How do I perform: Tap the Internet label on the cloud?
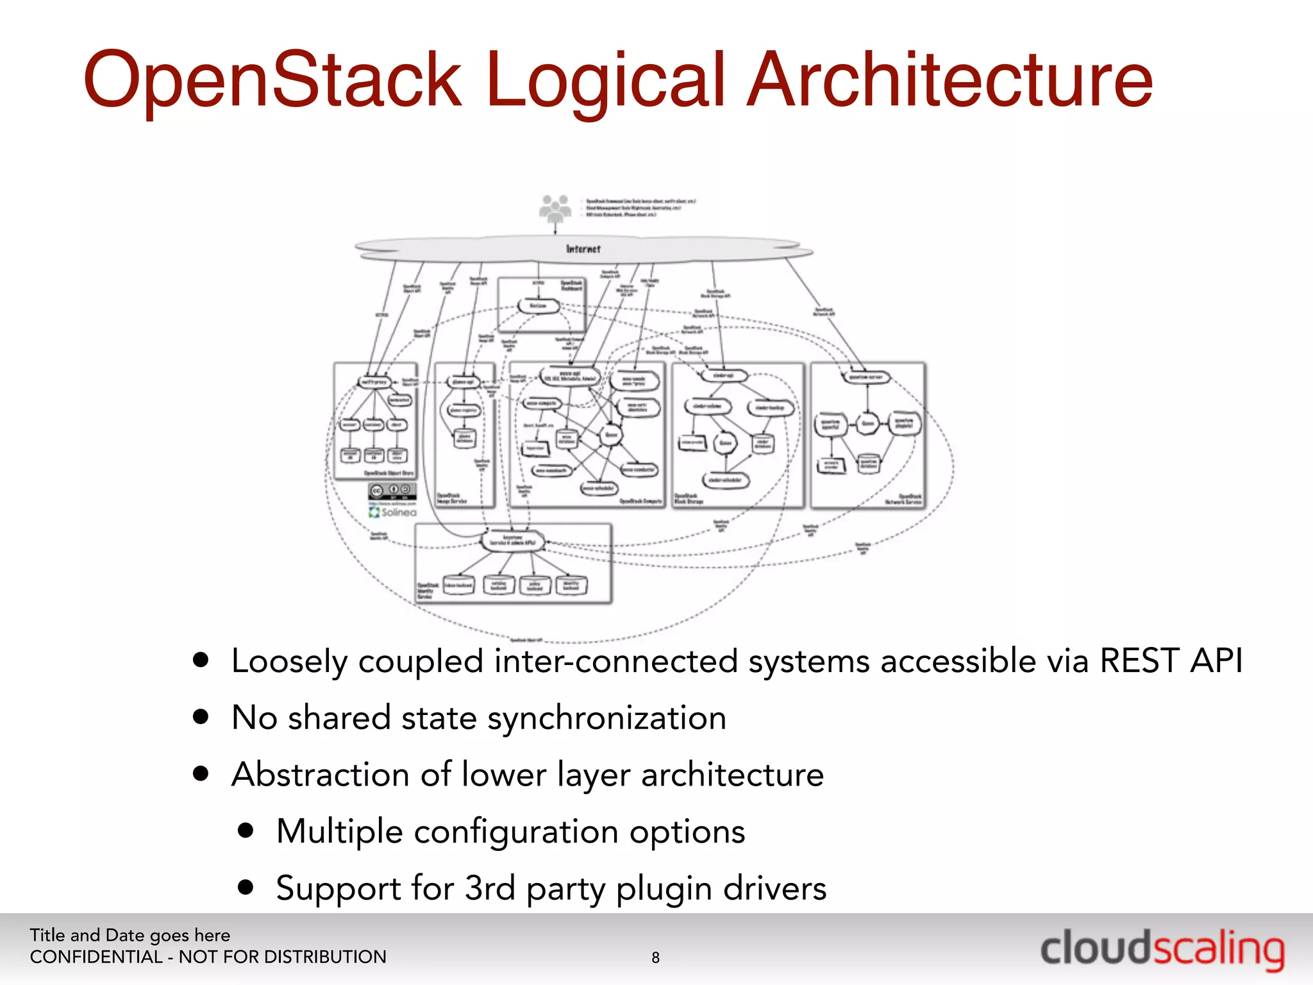pyautogui.click(x=583, y=249)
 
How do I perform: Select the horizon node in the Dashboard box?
pyautogui.click(x=539, y=306)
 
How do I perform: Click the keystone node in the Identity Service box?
pyautogui.click(x=513, y=540)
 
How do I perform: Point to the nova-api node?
pyautogui.click(x=570, y=376)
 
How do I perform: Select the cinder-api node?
pyautogui.click(x=723, y=376)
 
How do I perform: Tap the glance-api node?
pyautogui.click(x=463, y=382)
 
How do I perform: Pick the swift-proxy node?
pyautogui.click(x=374, y=382)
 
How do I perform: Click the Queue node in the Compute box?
pyautogui.click(x=611, y=435)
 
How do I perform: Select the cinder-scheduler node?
pyautogui.click(x=726, y=480)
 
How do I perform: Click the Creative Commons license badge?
pyautogui.click(x=392, y=491)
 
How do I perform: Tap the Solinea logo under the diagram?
pyautogui.click(x=392, y=512)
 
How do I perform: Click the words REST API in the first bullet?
pyautogui.click(x=1171, y=661)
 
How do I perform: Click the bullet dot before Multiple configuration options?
pyautogui.click(x=246, y=831)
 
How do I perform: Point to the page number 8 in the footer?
pyautogui.click(x=655, y=957)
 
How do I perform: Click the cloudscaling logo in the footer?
pyautogui.click(x=1162, y=950)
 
